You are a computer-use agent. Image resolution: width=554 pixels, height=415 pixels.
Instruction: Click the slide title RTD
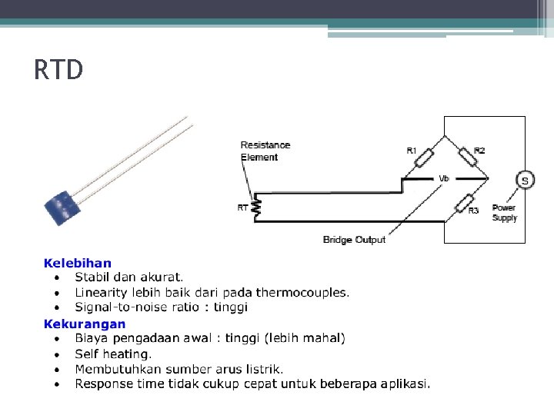[58, 71]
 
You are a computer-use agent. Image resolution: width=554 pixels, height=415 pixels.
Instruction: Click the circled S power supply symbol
[525, 181]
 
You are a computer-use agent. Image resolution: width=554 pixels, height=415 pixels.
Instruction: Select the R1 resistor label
[412, 151]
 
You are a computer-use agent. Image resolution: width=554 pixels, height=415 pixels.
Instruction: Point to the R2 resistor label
[479, 151]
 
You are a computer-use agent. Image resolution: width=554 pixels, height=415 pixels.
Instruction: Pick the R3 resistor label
[473, 211]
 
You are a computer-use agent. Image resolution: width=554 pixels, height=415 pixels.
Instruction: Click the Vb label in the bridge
[443, 178]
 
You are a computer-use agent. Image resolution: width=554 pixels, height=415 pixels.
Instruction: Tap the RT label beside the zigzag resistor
[242, 207]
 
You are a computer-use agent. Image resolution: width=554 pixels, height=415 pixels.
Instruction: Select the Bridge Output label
[354, 240]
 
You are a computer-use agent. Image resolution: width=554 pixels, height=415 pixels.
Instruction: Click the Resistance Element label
[265, 151]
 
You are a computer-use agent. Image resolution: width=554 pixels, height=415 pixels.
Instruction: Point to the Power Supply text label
[504, 213]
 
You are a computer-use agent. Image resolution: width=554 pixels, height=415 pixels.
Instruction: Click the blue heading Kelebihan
[78, 264]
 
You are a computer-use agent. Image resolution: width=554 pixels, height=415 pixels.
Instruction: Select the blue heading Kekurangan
[85, 324]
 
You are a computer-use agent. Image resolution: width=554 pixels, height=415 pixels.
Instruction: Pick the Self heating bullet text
[113, 354]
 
